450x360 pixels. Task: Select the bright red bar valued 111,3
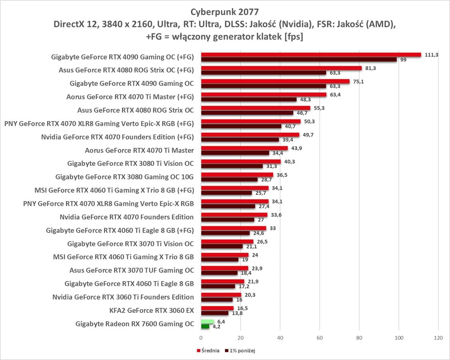tap(311, 55)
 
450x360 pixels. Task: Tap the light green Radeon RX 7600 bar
tap(207, 322)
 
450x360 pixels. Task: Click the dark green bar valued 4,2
tap(205, 326)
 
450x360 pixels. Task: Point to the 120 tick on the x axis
tap(438, 338)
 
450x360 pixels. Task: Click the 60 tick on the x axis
tap(319, 338)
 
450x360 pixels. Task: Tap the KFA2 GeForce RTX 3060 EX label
tap(151, 310)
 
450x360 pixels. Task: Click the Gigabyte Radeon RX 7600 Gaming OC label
tap(135, 324)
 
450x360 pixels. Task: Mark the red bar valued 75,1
tap(275, 82)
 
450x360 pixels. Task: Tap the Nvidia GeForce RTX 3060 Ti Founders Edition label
tap(123, 297)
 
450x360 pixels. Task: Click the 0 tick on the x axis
tap(201, 338)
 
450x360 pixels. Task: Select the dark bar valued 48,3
tap(249, 99)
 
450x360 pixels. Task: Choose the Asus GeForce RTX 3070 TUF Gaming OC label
tap(131, 270)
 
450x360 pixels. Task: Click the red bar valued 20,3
tap(221, 295)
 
